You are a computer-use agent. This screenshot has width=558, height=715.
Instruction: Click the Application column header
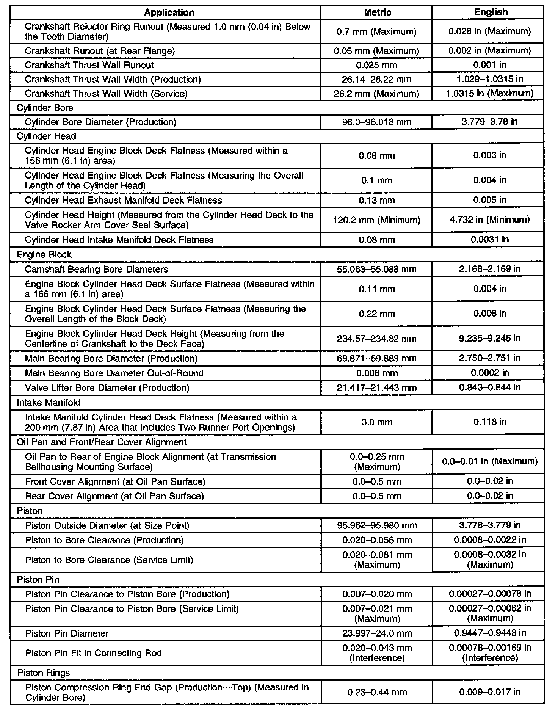point(169,13)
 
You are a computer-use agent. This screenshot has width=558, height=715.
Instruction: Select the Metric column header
point(377,13)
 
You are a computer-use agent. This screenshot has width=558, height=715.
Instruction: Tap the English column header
point(491,12)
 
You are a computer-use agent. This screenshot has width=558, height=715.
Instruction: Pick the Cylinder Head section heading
point(46,136)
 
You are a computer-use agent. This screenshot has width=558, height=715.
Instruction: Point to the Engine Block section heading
point(44,255)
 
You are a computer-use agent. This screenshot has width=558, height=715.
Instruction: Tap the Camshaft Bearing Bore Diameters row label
point(96,270)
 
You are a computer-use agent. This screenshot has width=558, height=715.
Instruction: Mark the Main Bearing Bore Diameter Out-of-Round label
point(114,373)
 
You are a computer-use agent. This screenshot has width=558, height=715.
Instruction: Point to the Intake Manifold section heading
point(49,403)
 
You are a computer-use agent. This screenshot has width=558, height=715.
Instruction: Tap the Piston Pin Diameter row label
point(67,633)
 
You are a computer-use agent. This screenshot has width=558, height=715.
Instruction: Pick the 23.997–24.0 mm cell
point(377,633)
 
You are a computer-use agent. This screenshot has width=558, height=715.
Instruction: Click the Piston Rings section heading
point(44,673)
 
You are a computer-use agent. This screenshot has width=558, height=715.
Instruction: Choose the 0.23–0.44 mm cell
point(377,692)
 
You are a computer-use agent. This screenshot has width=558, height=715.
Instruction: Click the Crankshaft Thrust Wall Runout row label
point(89,65)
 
